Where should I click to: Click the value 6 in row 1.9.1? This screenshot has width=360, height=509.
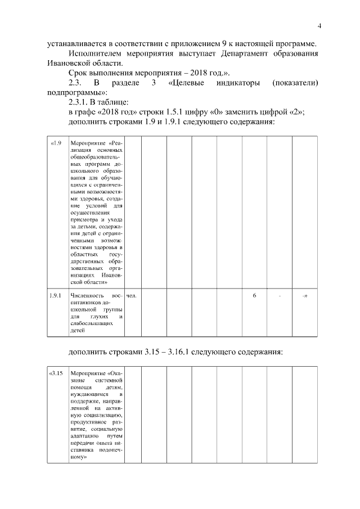pyautogui.click(x=254, y=295)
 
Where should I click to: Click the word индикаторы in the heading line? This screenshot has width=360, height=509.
pyautogui.click(x=236, y=83)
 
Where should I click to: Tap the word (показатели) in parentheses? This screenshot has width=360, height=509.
pyautogui.click(x=295, y=83)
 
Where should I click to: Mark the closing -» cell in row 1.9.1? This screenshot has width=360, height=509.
pyautogui.click(x=305, y=295)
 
